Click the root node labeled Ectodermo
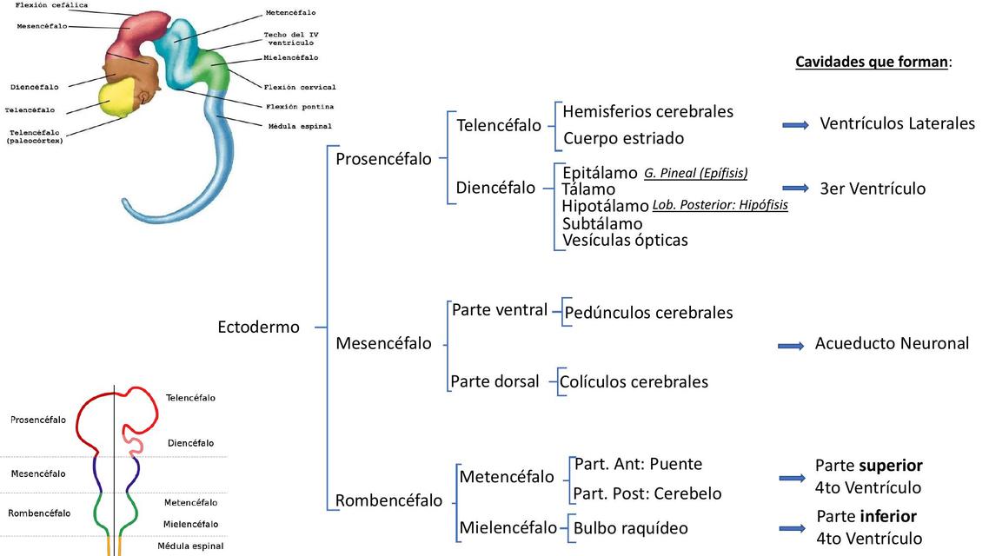[258, 328]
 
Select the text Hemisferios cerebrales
[647, 112]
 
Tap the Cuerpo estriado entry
[623, 138]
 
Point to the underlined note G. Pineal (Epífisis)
[695, 173]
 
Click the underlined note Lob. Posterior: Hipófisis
[720, 206]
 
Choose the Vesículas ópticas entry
[625, 241]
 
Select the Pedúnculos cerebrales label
[648, 313]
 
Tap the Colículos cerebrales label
[634, 382]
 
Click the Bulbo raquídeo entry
[630, 528]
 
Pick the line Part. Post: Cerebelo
[647, 494]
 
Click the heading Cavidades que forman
[872, 63]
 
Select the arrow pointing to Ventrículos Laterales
[795, 125]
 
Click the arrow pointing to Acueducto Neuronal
[790, 346]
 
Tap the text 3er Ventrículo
[873, 189]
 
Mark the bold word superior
[892, 466]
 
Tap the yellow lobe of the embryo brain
[120, 96]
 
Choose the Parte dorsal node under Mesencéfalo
[494, 381]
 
